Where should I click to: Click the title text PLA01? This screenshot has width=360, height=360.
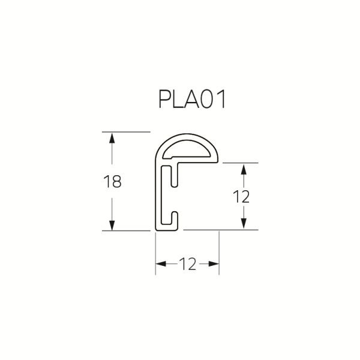click(x=192, y=99)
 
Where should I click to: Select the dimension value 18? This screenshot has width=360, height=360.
click(x=112, y=181)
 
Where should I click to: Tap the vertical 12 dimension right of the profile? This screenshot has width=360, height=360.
click(x=241, y=197)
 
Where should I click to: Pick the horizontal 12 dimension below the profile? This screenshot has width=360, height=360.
click(x=188, y=264)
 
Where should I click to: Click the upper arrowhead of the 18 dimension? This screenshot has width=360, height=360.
click(x=112, y=139)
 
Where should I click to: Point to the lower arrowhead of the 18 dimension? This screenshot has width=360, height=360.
click(x=112, y=225)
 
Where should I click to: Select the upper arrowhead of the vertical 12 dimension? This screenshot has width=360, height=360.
click(x=244, y=169)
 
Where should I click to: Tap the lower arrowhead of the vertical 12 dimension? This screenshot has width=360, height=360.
click(x=244, y=224)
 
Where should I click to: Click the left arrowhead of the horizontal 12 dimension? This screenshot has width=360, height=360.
click(x=161, y=263)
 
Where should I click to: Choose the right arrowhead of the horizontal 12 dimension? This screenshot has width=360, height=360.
click(x=214, y=263)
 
